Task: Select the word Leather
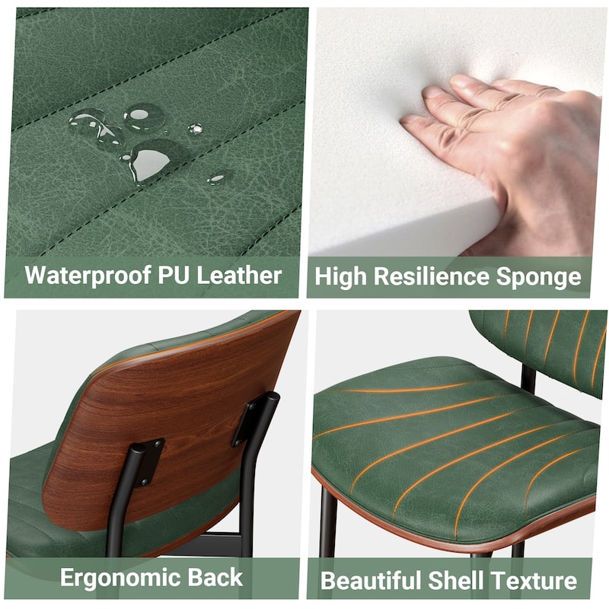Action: (x=239, y=276)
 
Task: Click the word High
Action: (x=340, y=277)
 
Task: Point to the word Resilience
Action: (x=431, y=276)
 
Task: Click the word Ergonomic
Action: (x=120, y=579)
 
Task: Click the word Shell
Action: (x=454, y=581)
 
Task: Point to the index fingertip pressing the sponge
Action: (x=408, y=120)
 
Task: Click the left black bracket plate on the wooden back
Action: (x=151, y=461)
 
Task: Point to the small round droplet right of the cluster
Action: (x=195, y=129)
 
